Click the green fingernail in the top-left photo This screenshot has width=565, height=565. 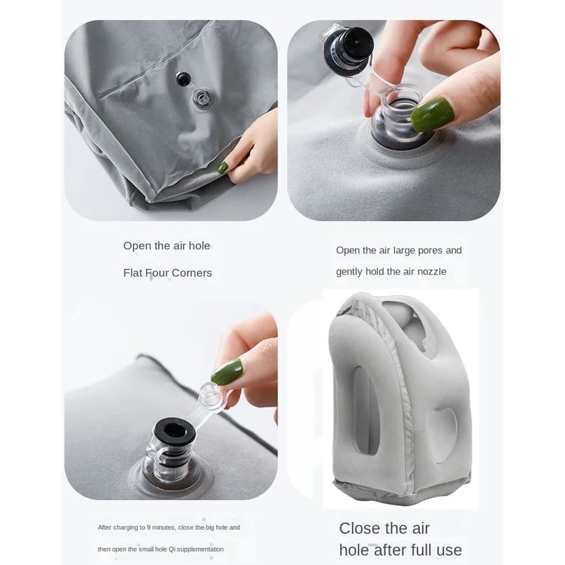pyautogui.click(x=223, y=167)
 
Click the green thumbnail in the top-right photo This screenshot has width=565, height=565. pyautogui.click(x=432, y=114)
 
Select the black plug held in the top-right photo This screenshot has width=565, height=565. pyautogui.click(x=351, y=45)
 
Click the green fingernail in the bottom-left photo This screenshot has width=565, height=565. pyautogui.click(x=227, y=372)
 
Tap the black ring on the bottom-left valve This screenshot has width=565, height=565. pyautogui.click(x=171, y=430)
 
